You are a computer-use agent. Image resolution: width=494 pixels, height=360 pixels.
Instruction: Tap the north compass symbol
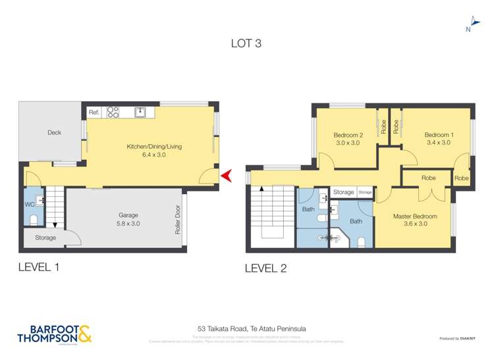click(468, 24)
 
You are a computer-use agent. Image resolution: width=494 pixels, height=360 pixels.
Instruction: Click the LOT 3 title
click(246, 43)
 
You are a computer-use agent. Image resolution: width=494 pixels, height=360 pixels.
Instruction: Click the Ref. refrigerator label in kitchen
click(94, 113)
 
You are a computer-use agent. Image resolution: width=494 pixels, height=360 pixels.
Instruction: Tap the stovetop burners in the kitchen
click(112, 113)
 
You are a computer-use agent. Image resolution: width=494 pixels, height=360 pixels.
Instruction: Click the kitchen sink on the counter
click(140, 113)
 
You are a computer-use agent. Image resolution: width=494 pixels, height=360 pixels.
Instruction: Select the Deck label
click(54, 133)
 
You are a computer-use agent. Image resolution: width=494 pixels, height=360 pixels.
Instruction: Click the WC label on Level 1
click(28, 205)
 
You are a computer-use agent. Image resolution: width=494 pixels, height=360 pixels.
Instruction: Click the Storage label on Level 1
click(45, 238)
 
